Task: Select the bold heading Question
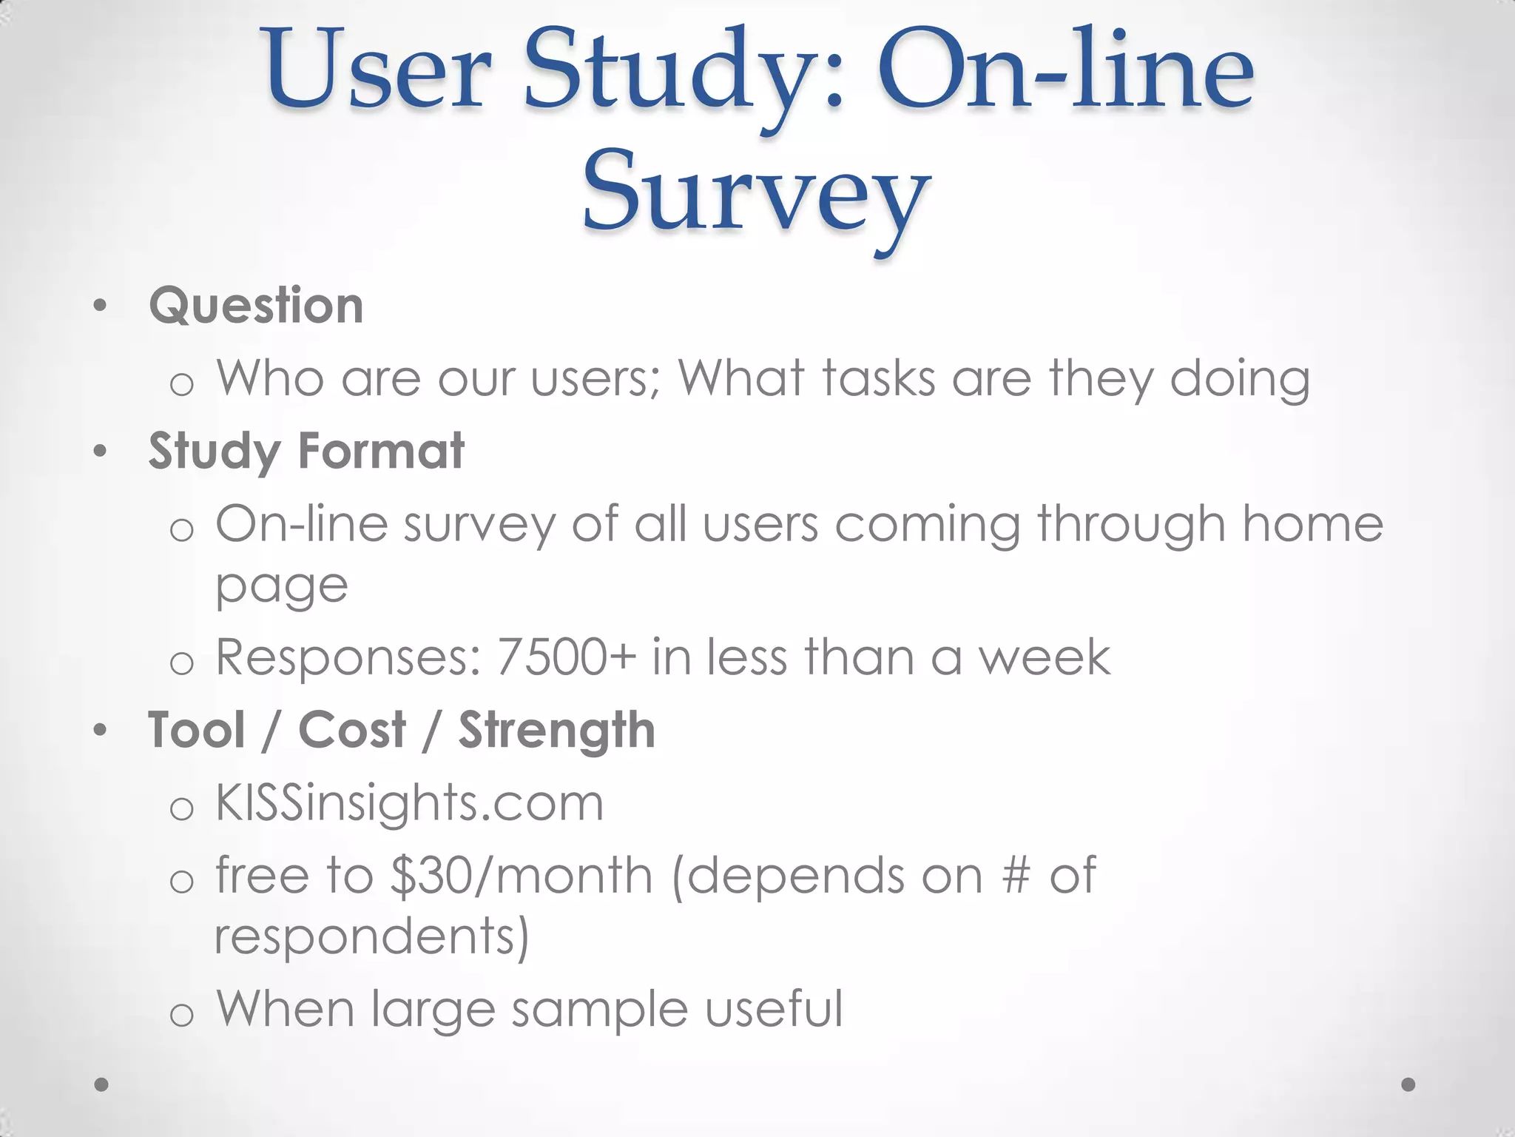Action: click(256, 306)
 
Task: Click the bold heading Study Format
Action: click(306, 451)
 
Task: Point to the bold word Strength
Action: click(556, 731)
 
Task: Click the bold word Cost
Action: click(352, 730)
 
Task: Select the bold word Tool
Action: click(196, 730)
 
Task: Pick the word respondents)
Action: click(372, 936)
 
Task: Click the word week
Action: click(1045, 657)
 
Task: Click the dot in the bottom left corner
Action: click(102, 1084)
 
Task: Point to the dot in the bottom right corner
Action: click(1408, 1084)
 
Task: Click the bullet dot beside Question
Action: click(101, 306)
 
